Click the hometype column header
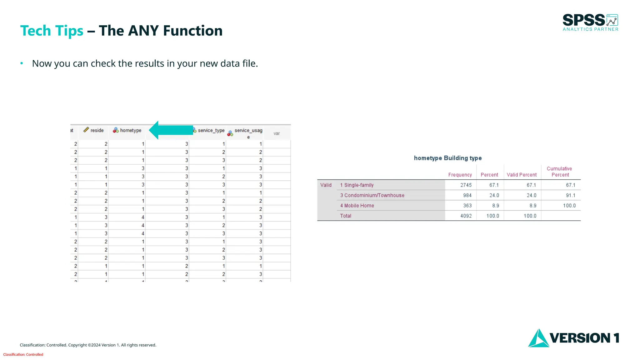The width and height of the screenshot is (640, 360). (x=127, y=130)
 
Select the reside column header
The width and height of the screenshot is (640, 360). (x=93, y=130)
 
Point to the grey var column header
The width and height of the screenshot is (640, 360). (x=277, y=133)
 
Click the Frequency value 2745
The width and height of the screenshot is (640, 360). (x=466, y=185)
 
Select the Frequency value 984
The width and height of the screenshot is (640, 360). (x=467, y=195)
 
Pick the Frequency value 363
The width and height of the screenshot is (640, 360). (x=467, y=206)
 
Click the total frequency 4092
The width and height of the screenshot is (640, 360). (x=466, y=216)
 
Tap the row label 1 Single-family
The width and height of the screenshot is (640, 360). (x=357, y=185)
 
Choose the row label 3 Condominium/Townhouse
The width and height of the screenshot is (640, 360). (x=372, y=195)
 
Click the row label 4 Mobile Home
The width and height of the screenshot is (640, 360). (x=357, y=206)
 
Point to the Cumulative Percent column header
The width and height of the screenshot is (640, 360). (x=559, y=172)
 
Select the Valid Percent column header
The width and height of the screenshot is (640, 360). (x=522, y=175)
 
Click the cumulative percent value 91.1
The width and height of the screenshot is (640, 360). (x=570, y=195)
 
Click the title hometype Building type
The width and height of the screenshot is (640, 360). (x=447, y=158)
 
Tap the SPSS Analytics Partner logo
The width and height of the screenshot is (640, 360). (x=590, y=22)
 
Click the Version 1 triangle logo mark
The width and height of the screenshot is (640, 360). (x=538, y=338)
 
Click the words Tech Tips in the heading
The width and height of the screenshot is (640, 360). (x=52, y=31)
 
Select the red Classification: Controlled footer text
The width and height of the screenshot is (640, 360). (x=23, y=354)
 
